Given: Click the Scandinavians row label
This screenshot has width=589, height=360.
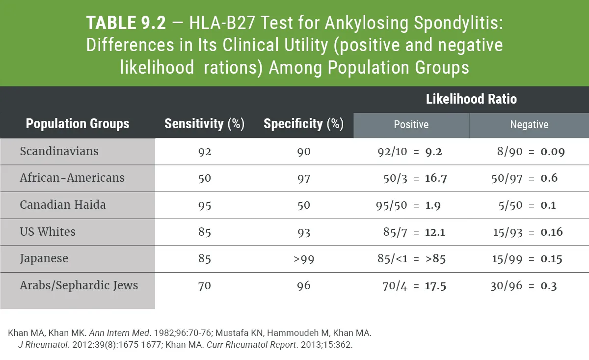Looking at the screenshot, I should pyautogui.click(x=59, y=151).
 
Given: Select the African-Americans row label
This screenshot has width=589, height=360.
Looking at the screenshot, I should pyautogui.click(x=72, y=178).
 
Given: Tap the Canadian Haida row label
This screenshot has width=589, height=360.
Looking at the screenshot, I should pyautogui.click(x=63, y=204).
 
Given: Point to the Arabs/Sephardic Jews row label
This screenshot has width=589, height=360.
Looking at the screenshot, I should pyautogui.click(x=79, y=285).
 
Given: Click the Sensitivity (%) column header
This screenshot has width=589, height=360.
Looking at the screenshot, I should pyautogui.click(x=204, y=124).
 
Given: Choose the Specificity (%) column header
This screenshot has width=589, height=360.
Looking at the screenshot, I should pyautogui.click(x=303, y=124).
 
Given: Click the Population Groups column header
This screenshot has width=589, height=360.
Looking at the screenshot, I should pyautogui.click(x=78, y=124).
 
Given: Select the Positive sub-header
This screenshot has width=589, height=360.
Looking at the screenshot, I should pyautogui.click(x=411, y=125).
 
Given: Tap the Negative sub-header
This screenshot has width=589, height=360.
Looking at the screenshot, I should pyautogui.click(x=529, y=125).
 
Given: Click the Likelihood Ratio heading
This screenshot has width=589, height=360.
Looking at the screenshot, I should pyautogui.click(x=471, y=99).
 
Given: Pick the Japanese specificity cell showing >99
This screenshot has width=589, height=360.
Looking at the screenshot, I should pyautogui.click(x=304, y=259).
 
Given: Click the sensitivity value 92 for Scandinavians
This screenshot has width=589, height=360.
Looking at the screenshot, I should pyautogui.click(x=205, y=152).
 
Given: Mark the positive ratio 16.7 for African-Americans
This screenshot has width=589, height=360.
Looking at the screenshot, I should pyautogui.click(x=436, y=178).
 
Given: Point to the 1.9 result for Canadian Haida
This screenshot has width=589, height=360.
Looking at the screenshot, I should pyautogui.click(x=433, y=205).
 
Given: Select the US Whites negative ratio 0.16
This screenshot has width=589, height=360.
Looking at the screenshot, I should pyautogui.click(x=552, y=232).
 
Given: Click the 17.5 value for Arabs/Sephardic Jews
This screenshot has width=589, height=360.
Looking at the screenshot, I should pyautogui.click(x=435, y=286).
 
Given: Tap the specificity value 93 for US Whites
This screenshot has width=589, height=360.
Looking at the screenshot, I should pyautogui.click(x=304, y=232).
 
